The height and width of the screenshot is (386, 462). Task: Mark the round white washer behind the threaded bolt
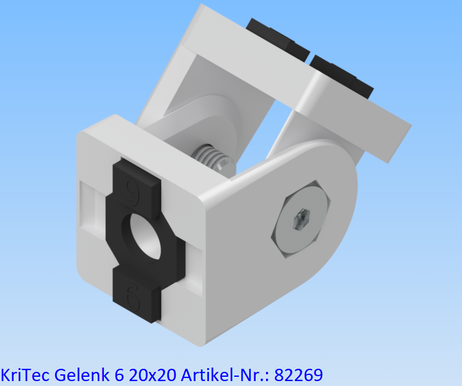pos(203,132)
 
